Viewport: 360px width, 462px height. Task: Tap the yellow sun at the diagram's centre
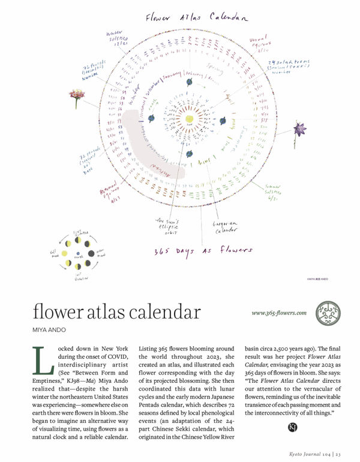pos(190,118)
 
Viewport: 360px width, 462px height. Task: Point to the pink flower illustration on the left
pos(76,95)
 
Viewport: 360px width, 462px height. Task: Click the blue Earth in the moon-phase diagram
pos(77,254)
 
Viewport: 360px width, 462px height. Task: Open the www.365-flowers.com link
pos(279,313)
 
